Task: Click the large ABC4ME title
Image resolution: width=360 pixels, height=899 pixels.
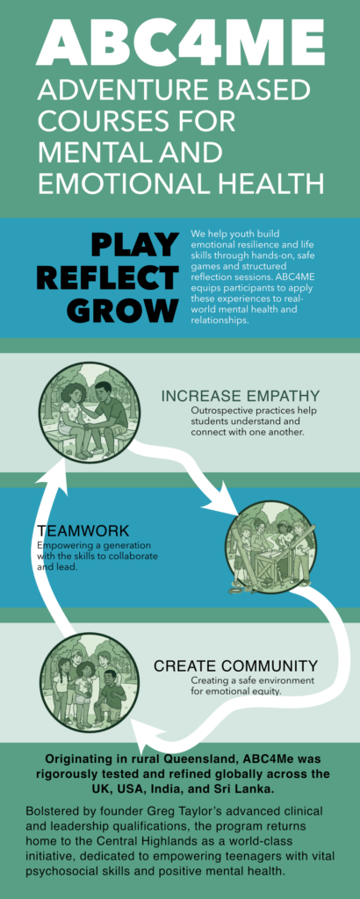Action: point(180,43)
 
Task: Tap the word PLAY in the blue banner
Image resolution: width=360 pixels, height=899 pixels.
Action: point(134,245)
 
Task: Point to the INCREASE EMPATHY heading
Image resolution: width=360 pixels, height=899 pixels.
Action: point(241,396)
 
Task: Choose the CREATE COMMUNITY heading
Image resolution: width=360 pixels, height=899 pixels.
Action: point(235,665)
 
